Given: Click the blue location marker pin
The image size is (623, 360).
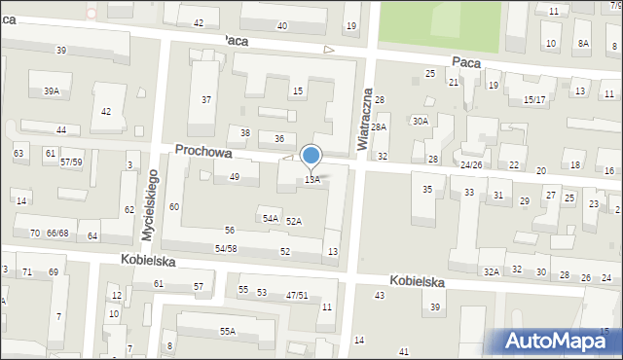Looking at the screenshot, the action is pos(311,156).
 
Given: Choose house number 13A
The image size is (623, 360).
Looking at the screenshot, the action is pos(311,180).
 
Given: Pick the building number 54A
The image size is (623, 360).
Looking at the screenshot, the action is pos(271,219).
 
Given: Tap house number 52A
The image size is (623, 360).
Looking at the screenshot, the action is pos(293,222).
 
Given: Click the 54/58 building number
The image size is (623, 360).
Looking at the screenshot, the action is pos(226,250).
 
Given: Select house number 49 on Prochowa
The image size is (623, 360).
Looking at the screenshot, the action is pos(234,177).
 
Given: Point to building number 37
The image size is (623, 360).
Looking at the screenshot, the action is pos(206,100).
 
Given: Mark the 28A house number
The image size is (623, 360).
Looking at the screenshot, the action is pos(379,127).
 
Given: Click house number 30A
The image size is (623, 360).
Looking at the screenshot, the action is pos(420,122).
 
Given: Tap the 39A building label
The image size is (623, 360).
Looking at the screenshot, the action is pos(51,90).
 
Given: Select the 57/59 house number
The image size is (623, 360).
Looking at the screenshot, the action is pos(71,162).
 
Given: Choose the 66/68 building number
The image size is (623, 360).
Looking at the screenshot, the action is pos(57,234).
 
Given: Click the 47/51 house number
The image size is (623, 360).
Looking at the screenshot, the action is pos(297,295).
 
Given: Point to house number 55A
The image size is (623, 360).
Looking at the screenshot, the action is pos(227,332).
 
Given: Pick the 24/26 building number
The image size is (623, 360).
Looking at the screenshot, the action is pos(471,165).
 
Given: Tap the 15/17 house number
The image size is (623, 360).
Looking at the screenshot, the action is pos(534,100).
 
